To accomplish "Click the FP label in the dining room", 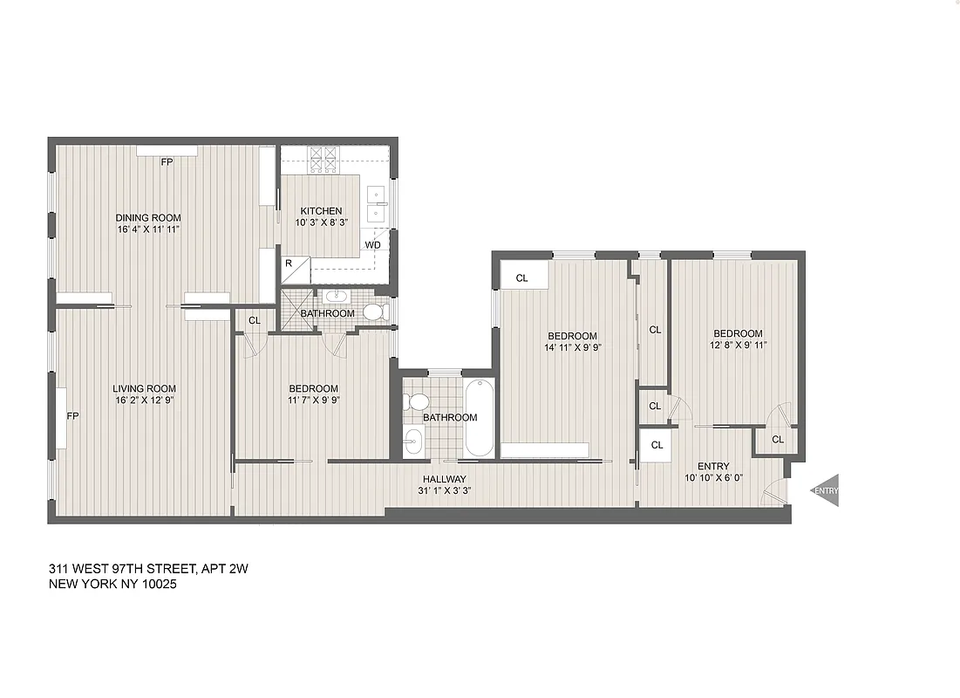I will [x=166, y=162].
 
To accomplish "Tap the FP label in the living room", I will [x=73, y=416].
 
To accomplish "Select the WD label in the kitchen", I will [x=372, y=245].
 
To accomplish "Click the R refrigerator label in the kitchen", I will [x=288, y=262].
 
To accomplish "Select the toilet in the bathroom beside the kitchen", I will [x=373, y=311].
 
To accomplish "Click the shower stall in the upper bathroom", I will [x=296, y=311].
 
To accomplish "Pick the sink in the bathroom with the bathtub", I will [x=414, y=443].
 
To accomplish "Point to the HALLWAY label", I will [x=445, y=479].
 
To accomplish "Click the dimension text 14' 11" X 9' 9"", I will [x=572, y=347].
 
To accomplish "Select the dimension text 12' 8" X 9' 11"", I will [x=738, y=345].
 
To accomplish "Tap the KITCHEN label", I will [x=321, y=211].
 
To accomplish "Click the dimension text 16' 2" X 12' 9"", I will [x=144, y=401].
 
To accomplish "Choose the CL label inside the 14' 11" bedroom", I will [x=522, y=278].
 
